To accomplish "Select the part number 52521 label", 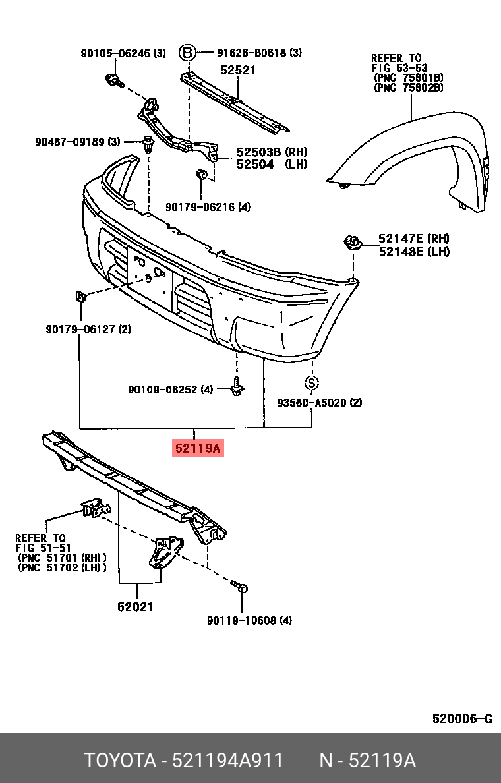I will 238,71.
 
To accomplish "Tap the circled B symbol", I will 188,53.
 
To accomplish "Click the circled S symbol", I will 312,382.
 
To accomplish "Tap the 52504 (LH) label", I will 262,165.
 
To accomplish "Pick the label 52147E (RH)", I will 414,239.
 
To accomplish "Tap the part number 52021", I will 136,606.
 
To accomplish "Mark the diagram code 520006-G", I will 462,718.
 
